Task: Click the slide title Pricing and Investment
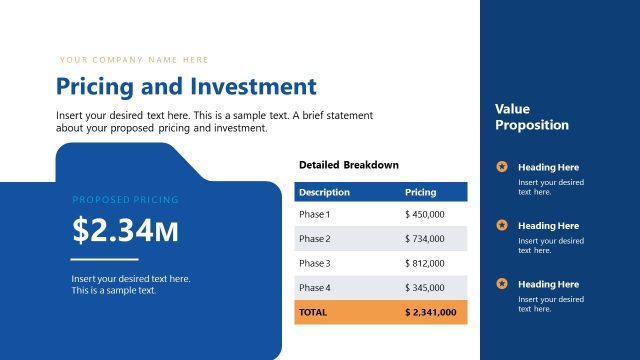click(186, 87)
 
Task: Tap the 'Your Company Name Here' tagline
click(134, 60)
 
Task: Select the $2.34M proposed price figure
click(125, 230)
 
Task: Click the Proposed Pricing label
click(125, 200)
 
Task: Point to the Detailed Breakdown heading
click(348, 165)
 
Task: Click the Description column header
click(324, 191)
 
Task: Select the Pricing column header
click(420, 191)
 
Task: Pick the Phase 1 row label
click(314, 214)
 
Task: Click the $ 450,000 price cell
click(425, 214)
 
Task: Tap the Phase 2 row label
click(314, 239)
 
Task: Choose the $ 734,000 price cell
click(425, 239)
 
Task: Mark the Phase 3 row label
click(314, 263)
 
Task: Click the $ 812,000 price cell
click(425, 263)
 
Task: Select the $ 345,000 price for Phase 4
click(425, 288)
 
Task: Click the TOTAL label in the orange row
click(313, 312)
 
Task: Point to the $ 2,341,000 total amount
click(430, 312)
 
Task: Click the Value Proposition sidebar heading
click(531, 117)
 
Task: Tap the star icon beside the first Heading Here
click(502, 167)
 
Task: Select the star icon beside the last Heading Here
click(502, 284)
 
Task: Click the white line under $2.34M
click(104, 260)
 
